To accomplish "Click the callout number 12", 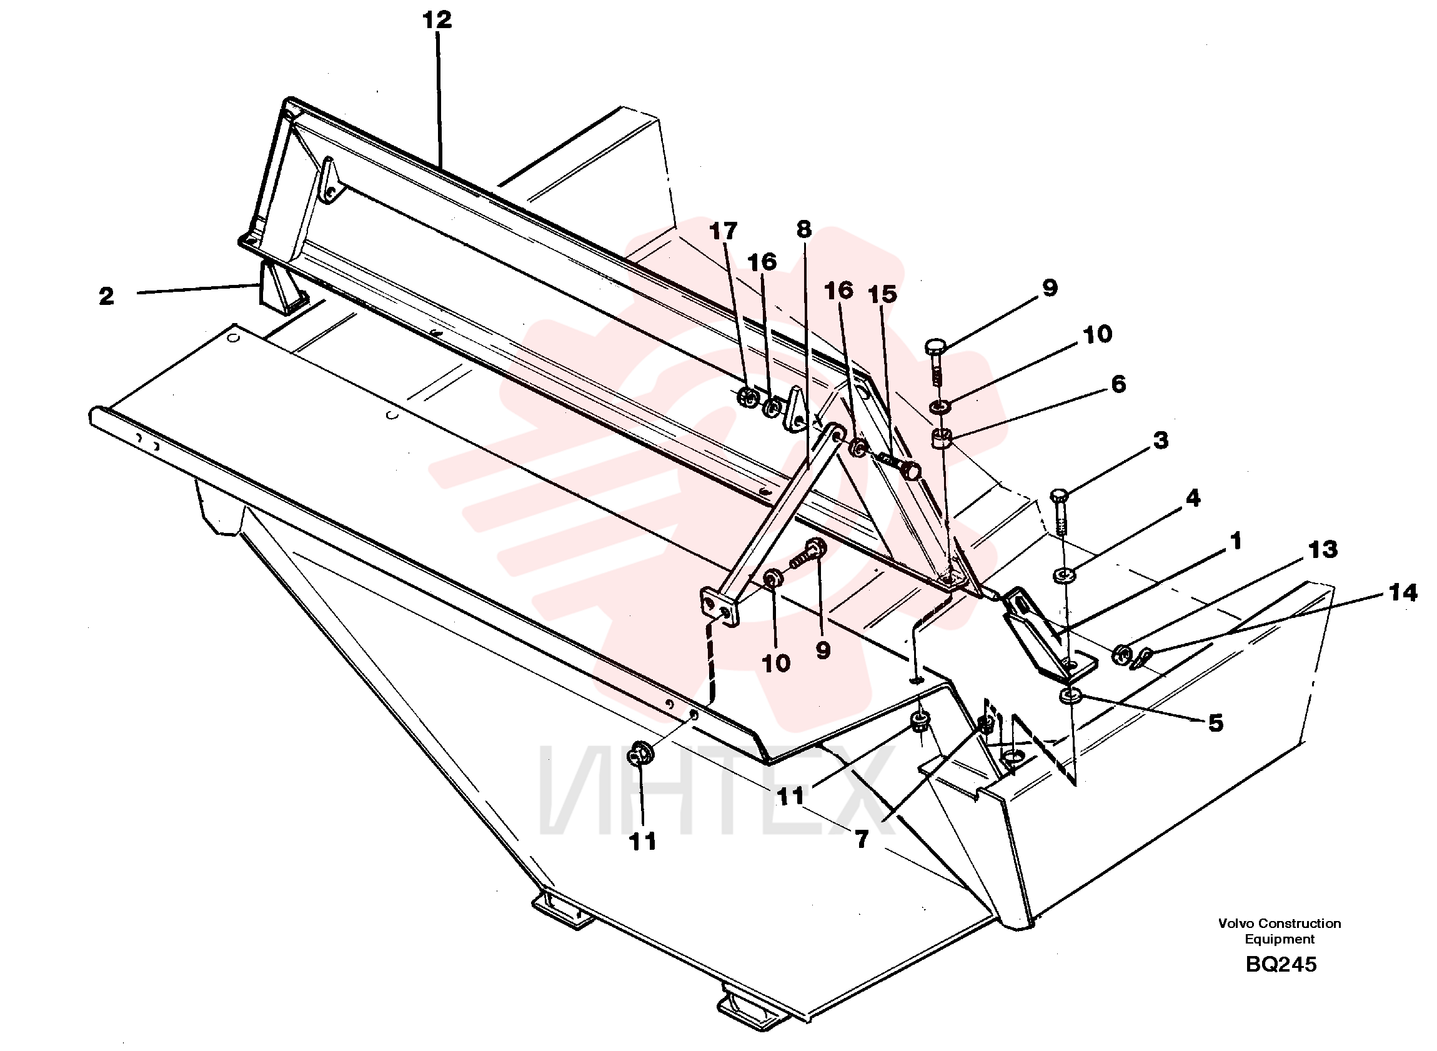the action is (x=437, y=20).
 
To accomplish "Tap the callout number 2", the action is (x=106, y=295).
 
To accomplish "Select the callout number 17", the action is (x=723, y=231).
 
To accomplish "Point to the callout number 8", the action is (x=804, y=230).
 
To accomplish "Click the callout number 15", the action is (x=882, y=294).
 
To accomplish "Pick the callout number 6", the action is (x=1118, y=384).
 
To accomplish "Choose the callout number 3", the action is (x=1161, y=441).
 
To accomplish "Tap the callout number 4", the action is (x=1193, y=498).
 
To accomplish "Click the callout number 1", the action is (x=1236, y=542).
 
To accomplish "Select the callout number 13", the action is (x=1323, y=549).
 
